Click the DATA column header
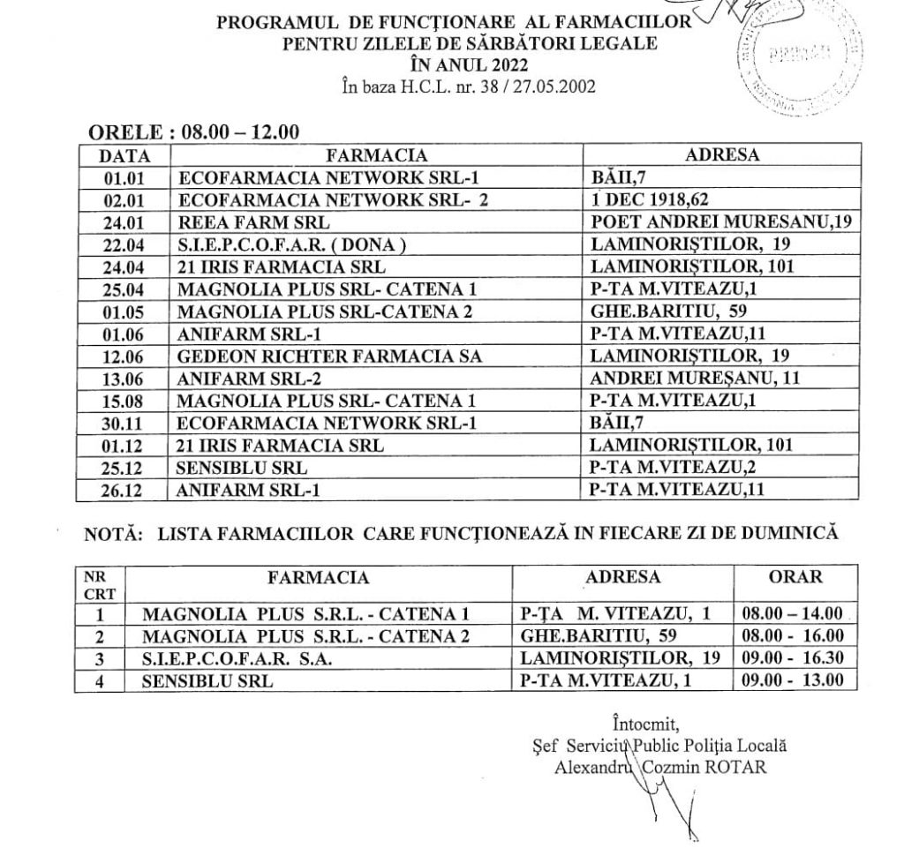(123, 155)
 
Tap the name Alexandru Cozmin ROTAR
(660, 766)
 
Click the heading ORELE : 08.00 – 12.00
(194, 132)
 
